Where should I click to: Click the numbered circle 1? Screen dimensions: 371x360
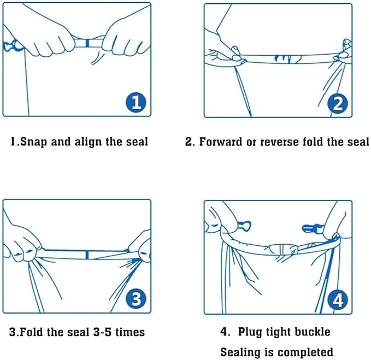point(136,102)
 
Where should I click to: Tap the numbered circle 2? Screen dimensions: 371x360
point(338,103)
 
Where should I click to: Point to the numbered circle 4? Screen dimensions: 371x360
point(338,300)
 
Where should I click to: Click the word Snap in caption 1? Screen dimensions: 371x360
point(33,142)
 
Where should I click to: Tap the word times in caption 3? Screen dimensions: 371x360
point(130,332)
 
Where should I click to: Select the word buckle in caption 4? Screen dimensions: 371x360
point(313,332)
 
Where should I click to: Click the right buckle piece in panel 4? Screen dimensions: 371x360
point(313,228)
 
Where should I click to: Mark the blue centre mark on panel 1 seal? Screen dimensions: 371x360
point(87,43)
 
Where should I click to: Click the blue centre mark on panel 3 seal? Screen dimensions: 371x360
point(87,255)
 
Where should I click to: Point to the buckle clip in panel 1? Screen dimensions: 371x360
point(12,46)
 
